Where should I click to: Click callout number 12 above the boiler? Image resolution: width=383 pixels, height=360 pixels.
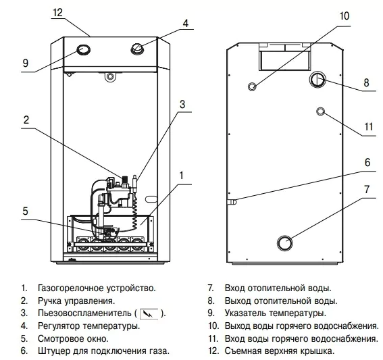[57, 12]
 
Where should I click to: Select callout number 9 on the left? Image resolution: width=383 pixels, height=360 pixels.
[25, 63]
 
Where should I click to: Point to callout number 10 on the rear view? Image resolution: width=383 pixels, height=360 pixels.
[344, 15]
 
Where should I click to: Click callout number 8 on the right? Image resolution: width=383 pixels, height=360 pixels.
[367, 83]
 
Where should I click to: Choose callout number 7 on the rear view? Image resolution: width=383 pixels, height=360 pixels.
[367, 189]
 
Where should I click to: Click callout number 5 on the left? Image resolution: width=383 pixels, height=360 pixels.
[25, 210]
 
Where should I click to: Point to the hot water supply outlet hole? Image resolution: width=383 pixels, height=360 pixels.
[253, 86]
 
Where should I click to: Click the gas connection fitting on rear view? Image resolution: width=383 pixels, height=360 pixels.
[232, 201]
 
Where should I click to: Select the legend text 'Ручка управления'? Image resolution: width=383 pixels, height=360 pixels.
[76, 300]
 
